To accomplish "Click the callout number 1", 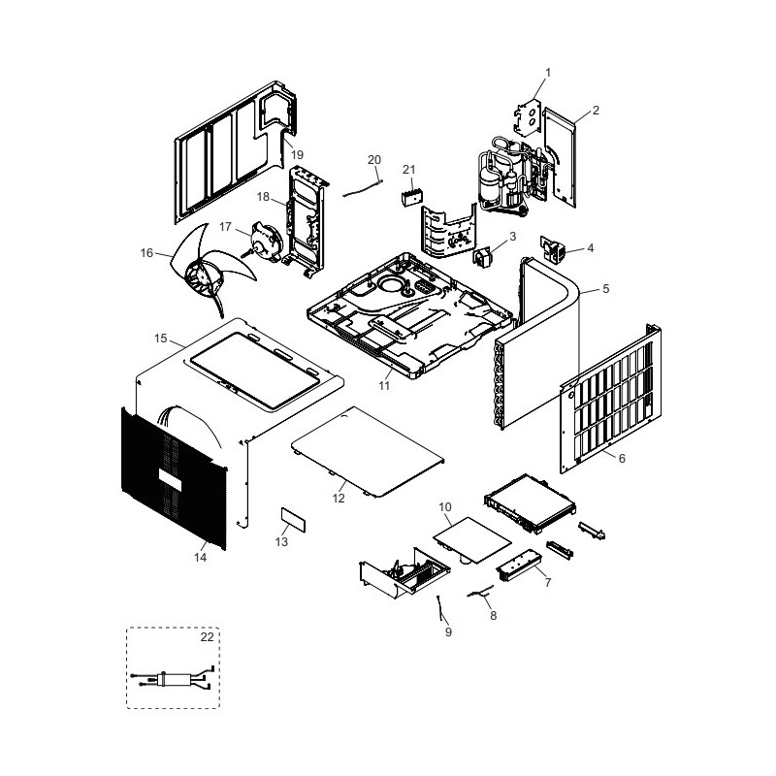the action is coord(548,73).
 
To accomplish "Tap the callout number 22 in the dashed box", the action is coord(207,637).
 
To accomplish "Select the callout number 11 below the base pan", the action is coord(384,385).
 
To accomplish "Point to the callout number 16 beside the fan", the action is coord(146,253).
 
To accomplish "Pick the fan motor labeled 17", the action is coord(267,241).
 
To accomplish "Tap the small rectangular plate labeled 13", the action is coord(294,519).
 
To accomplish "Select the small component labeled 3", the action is coord(482,257).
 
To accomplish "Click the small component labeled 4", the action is coord(553,247).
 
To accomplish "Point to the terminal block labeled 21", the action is coord(411,198).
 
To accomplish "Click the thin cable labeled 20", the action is coord(362,188).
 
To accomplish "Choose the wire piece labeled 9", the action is coord(440,607).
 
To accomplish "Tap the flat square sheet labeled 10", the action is coord(472,540).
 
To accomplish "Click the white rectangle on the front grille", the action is coord(170,479).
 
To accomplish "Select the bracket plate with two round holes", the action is coord(527,116).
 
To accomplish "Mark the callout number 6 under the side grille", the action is coord(622,458).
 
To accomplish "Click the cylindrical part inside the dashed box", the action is coord(176,679).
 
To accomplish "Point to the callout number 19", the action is coord(297,155).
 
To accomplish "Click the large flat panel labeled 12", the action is coord(368,452).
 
